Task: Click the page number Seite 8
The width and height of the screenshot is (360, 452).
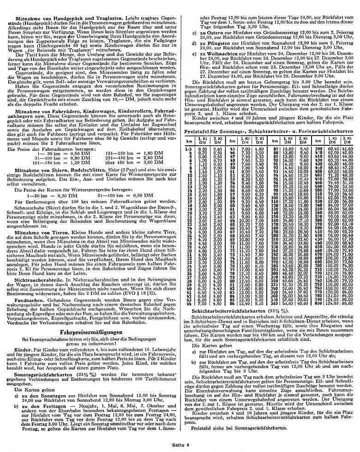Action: [180, 445]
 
